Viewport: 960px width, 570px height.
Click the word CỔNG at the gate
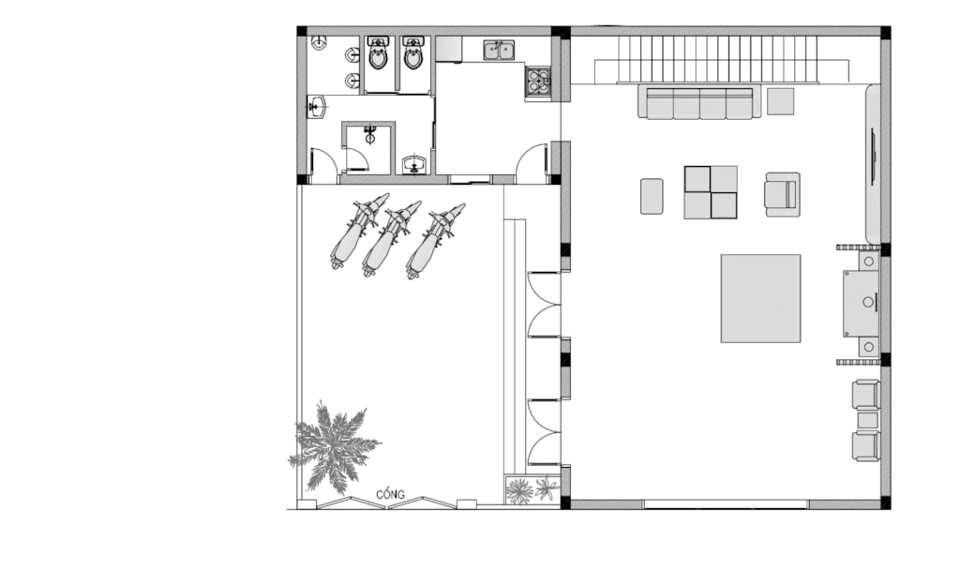(390, 494)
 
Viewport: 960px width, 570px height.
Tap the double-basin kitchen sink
(499, 51)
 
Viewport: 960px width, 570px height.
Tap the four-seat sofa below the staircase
(699, 101)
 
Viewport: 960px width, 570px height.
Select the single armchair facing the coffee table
(782, 194)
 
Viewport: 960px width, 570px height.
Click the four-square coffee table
(711, 192)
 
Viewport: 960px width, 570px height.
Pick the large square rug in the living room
(760, 298)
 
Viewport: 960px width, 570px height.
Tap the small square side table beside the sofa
(780, 101)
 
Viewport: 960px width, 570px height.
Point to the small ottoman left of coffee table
(652, 196)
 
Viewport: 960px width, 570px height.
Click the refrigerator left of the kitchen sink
(449, 49)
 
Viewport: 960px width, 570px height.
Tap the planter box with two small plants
(532, 489)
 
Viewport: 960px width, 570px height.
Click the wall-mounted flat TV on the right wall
(874, 156)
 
